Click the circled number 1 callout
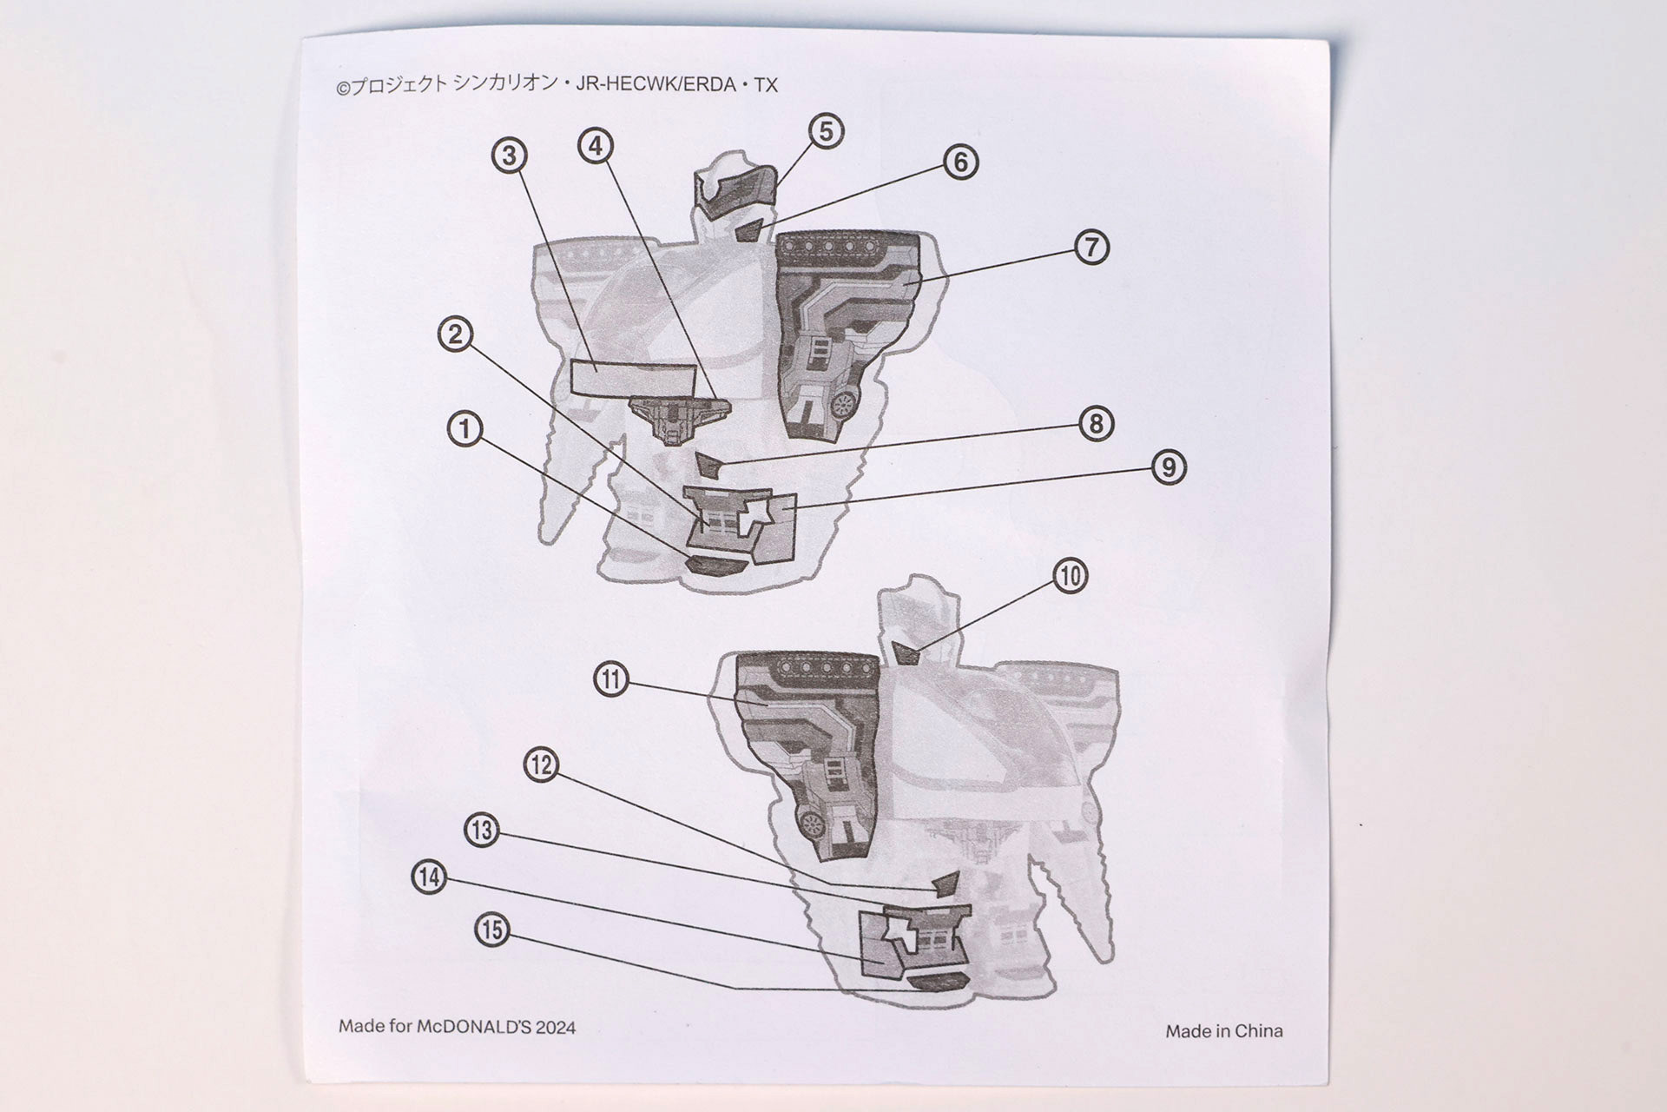465,429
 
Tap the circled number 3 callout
510,156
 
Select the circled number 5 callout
826,131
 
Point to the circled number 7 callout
1091,247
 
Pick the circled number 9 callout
1169,467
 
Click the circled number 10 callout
1071,576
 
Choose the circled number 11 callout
611,678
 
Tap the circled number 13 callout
482,831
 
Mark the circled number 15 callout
492,930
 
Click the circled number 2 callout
456,334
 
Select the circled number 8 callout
1096,424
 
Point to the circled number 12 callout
541,765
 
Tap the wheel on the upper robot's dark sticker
842,403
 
